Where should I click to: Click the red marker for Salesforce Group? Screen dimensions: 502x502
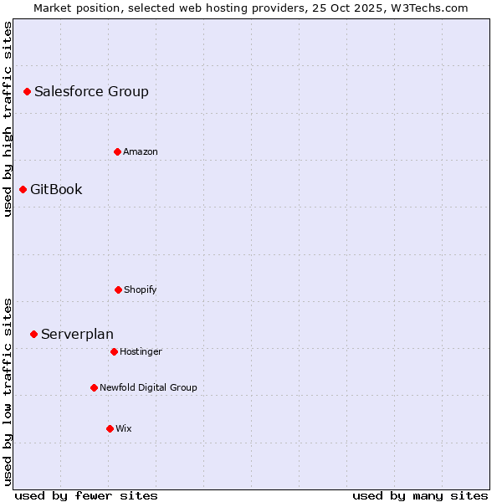pyautogui.click(x=27, y=91)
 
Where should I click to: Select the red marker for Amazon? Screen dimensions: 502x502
pyautogui.click(x=117, y=151)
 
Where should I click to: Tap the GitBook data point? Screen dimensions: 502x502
pyautogui.click(x=23, y=189)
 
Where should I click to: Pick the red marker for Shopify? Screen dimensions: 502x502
pyautogui.click(x=118, y=289)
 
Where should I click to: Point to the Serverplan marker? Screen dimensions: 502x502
pyautogui.click(x=33, y=334)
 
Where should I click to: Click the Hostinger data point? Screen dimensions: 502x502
pyautogui.click(x=114, y=351)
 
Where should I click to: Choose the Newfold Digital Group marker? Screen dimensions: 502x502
pyautogui.click(x=94, y=387)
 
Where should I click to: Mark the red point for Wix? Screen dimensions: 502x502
pyautogui.click(x=110, y=428)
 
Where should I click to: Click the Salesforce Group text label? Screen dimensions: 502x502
pyautogui.click(x=91, y=91)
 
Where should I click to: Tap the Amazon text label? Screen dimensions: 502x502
pyautogui.click(x=141, y=151)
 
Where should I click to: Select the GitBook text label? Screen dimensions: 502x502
pyautogui.click(x=56, y=189)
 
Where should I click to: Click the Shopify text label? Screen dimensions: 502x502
pyautogui.click(x=141, y=289)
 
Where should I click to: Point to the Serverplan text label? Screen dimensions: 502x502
pyautogui.click(x=77, y=334)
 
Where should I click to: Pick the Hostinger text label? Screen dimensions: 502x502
pyautogui.click(x=141, y=351)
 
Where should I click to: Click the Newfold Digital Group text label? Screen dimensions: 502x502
pyautogui.click(x=148, y=387)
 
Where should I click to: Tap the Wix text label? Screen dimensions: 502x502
pyautogui.click(x=124, y=428)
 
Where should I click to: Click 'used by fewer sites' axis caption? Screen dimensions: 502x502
pyautogui.click(x=86, y=495)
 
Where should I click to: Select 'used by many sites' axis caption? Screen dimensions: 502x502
pyautogui.click(x=420, y=495)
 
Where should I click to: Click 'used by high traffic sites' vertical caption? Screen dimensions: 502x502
pyautogui.click(x=8, y=119)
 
